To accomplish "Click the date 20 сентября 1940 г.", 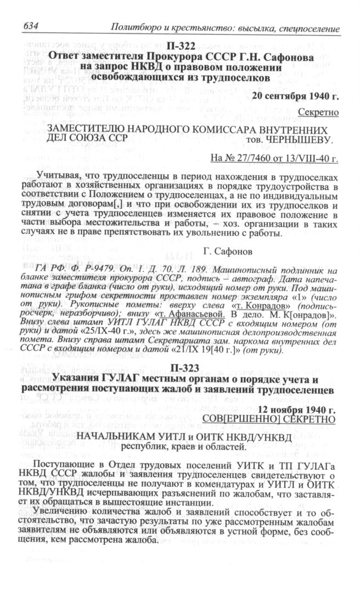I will (x=295, y=95).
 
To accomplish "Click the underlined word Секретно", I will (x=319, y=113).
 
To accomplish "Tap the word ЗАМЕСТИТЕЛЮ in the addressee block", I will (x=76, y=130).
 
